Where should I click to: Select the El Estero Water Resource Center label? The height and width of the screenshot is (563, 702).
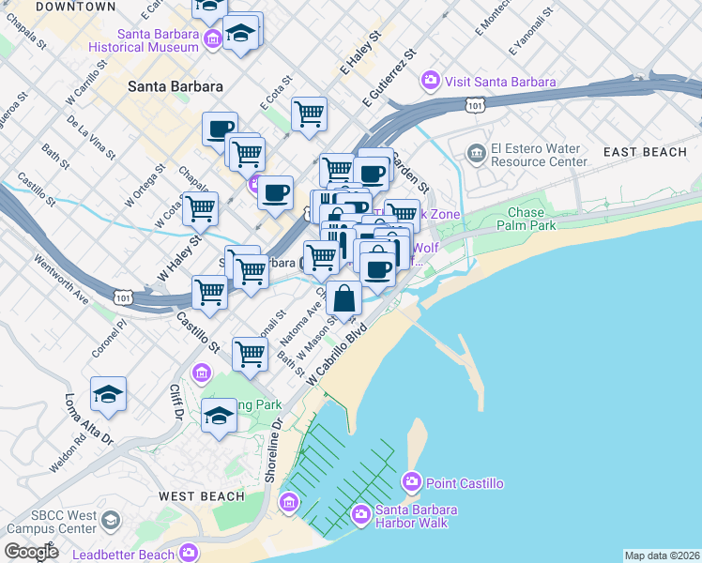point(537,154)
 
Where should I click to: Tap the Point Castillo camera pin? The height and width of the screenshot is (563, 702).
point(411,483)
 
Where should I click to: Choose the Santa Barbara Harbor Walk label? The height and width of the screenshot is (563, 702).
point(416,516)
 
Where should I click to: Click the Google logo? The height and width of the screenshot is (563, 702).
point(31,552)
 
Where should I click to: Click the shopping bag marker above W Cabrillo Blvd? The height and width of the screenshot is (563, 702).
point(344,298)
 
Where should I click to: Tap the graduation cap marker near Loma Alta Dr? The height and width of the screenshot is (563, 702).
point(108,394)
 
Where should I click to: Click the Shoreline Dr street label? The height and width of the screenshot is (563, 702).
point(273,451)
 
